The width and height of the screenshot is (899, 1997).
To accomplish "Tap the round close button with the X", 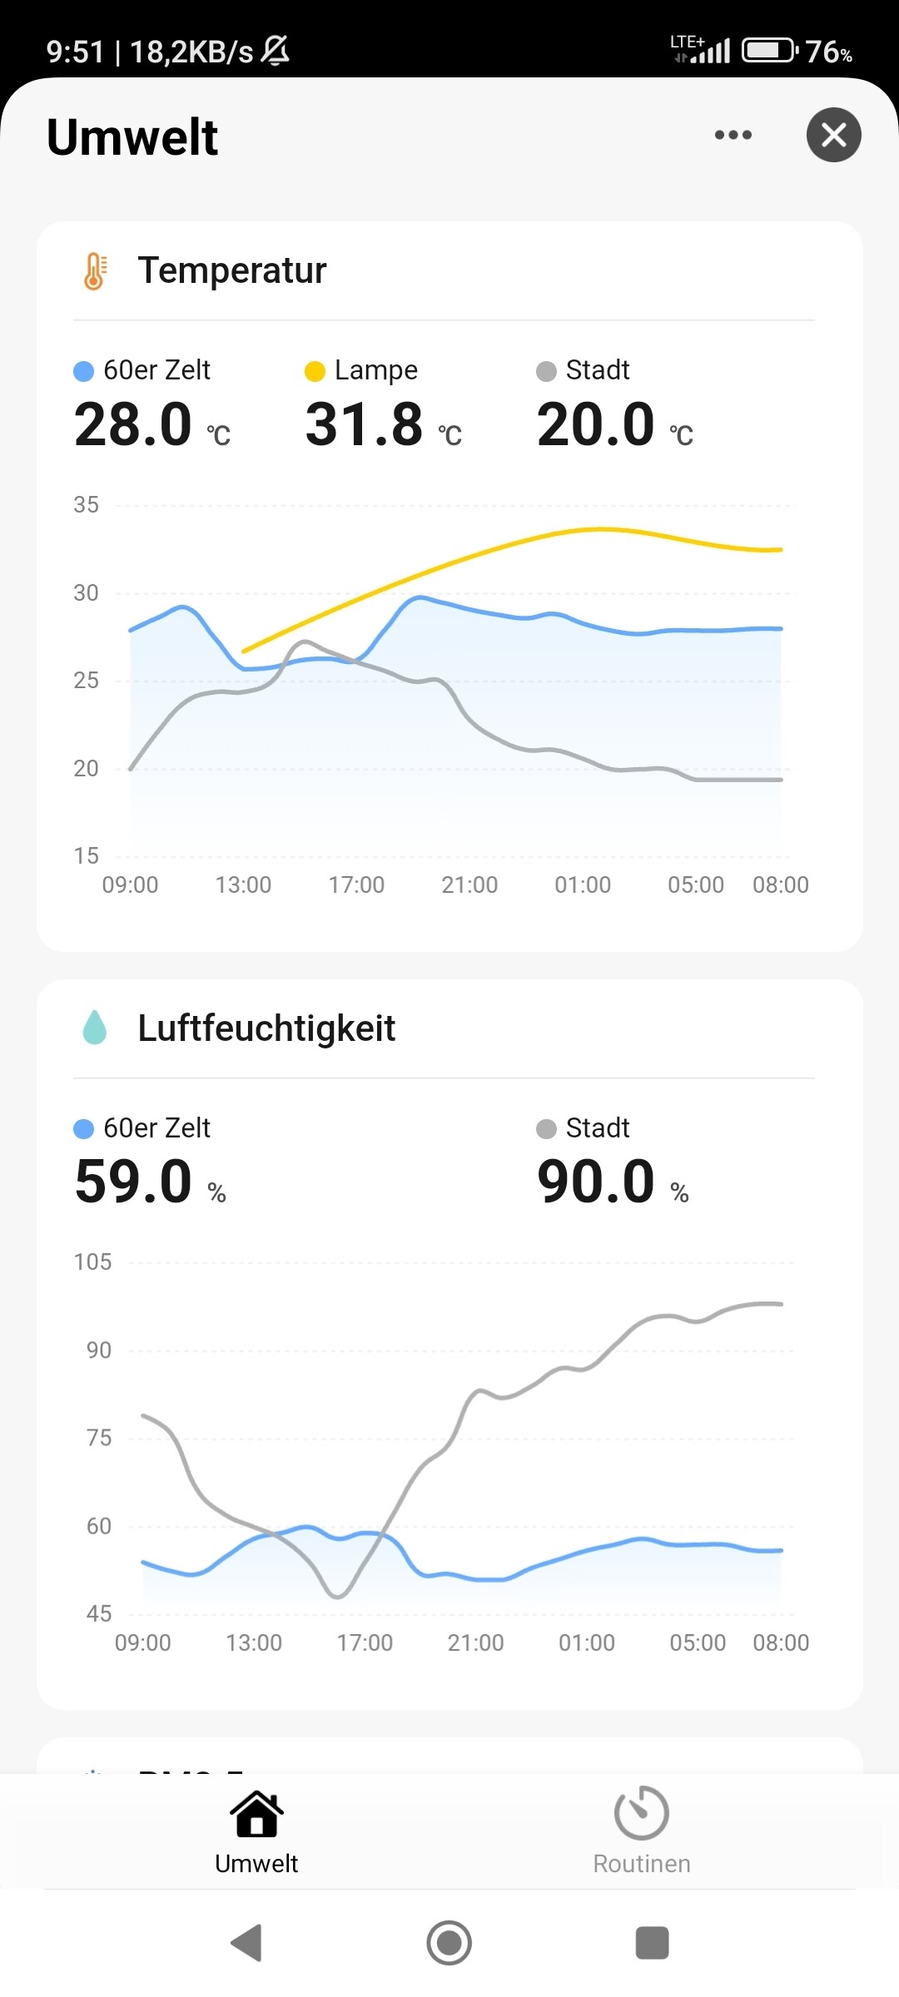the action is [x=833, y=135].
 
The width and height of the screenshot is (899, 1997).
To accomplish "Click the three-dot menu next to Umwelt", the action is [x=733, y=135].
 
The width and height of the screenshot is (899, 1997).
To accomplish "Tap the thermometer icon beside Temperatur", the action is [x=95, y=270].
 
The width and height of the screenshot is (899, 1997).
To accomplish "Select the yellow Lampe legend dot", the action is [x=315, y=371].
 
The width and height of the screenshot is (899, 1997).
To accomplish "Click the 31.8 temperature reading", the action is [x=365, y=424].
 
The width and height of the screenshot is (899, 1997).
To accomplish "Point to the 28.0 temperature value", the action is [x=133, y=424].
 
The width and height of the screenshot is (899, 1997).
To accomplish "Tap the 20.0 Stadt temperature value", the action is [x=596, y=424].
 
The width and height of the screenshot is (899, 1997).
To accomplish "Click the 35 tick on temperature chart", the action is [x=86, y=505].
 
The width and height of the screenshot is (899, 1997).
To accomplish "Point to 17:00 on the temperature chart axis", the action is [x=356, y=885].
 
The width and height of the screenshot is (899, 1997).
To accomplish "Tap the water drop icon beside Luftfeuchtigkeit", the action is [x=95, y=1028].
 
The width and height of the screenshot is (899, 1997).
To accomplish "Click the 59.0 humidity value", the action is [x=133, y=1182].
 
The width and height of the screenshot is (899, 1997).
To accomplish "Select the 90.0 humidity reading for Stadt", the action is [x=596, y=1182].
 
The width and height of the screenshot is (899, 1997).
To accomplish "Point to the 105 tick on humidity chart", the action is [x=92, y=1262].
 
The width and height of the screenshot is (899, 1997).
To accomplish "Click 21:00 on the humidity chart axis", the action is [x=475, y=1643].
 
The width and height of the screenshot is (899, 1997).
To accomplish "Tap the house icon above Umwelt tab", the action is [x=256, y=1814].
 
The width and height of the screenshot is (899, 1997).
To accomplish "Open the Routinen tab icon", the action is [x=641, y=1812].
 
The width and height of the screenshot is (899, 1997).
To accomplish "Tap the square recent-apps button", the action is [x=652, y=1943].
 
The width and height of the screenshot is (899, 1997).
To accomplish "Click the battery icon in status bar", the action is [x=770, y=51].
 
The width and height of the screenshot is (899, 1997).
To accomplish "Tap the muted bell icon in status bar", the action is [x=276, y=50].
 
